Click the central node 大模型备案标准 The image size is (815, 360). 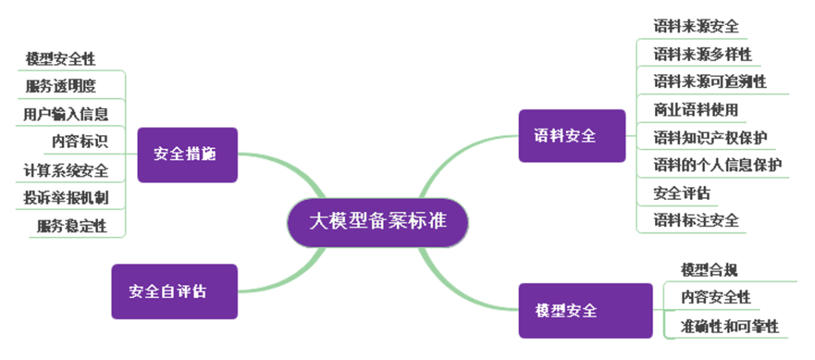point(377,222)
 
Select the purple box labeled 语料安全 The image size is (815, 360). point(571,136)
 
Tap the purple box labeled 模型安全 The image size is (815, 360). point(585,310)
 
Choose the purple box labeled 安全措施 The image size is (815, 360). point(187,155)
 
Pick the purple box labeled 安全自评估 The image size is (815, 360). point(174,291)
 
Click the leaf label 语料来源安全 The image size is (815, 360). point(696,26)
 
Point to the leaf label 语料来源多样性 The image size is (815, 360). point(703,54)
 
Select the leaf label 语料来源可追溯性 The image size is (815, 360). point(709,82)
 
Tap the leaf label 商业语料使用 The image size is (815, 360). point(696,109)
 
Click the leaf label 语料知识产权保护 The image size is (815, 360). point(709,137)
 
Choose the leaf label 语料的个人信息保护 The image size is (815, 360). point(717,165)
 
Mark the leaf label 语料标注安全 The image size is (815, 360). point(696,220)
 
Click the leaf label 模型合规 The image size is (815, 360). point(709,269)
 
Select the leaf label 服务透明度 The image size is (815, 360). point(61,85)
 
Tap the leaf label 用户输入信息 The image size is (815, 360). point(66,114)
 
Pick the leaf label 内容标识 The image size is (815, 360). point(79,141)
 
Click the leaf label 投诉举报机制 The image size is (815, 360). point(66,198)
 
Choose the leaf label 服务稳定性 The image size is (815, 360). point(72,225)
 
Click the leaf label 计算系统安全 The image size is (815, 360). point(66,170)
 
